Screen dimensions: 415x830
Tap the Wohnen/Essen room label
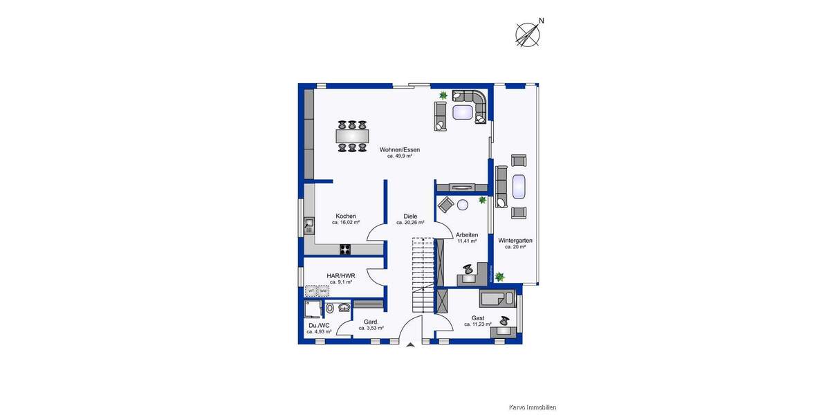pos(399,149)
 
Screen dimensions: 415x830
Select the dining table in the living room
pos(352,136)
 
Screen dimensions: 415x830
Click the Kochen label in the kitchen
pos(346,216)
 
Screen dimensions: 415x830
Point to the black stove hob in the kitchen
pos(345,249)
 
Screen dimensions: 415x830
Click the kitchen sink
pos(308,223)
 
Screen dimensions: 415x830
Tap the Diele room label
pos(410,216)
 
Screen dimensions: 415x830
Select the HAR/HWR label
pos(341,275)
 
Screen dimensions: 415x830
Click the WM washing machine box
pos(324,291)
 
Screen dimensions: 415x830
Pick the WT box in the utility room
pos(312,291)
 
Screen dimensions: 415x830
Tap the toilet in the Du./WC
pos(330,308)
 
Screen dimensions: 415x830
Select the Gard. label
pos(371,322)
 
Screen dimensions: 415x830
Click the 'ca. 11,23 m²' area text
pos(477,324)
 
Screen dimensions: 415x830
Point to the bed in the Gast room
pos(497,299)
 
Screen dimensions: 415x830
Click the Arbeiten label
pos(467,234)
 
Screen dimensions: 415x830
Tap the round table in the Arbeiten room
pos(463,204)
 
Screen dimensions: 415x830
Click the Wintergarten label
pos(515,240)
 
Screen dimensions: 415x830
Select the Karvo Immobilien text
pos(533,407)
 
